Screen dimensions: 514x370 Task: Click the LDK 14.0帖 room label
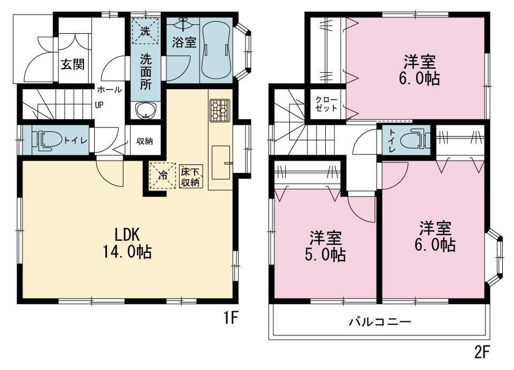click(127, 243)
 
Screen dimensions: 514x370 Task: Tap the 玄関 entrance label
click(73, 64)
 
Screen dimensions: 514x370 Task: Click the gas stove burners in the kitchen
click(219, 110)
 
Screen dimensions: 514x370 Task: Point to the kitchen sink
click(220, 163)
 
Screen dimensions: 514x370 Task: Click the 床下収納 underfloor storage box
click(190, 176)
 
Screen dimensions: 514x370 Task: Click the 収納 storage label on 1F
click(144, 141)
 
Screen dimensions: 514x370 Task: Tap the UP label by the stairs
click(99, 105)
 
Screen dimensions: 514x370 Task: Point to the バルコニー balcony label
click(380, 321)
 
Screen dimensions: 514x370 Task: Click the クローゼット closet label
click(326, 104)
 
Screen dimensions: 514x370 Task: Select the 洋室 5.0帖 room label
click(326, 246)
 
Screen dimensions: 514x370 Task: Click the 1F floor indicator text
click(231, 317)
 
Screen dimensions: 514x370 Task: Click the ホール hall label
click(110, 89)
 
